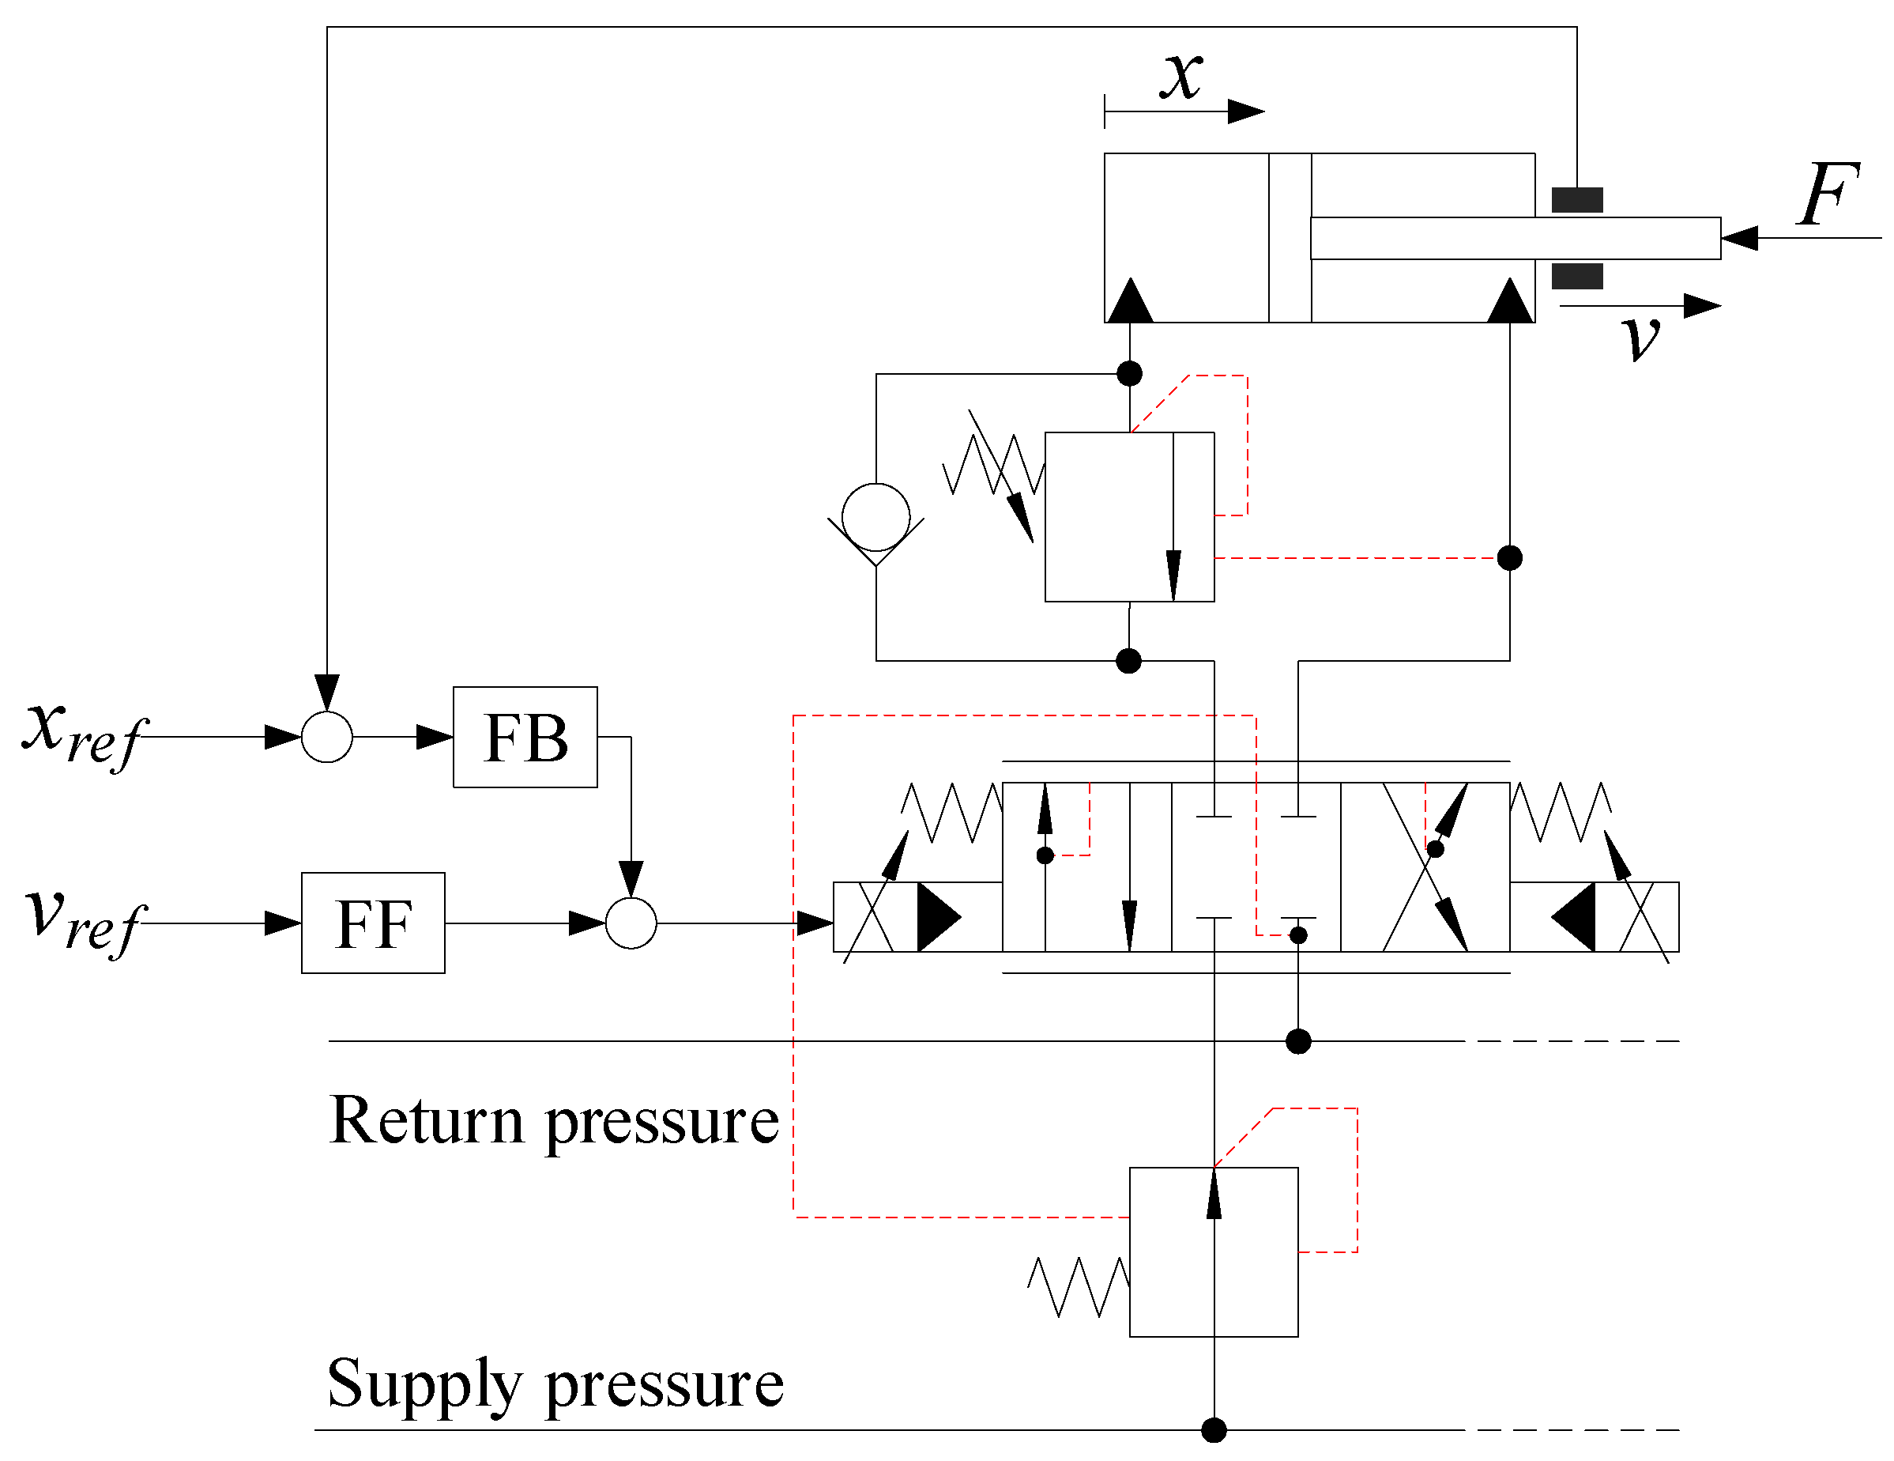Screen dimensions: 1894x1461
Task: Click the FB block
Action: coord(525,738)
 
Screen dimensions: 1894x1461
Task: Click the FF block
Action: coord(373,923)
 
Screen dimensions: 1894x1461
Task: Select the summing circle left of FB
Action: coord(327,738)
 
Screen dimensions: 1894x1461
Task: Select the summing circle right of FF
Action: coord(631,923)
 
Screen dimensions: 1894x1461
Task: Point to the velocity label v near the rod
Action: coord(1642,337)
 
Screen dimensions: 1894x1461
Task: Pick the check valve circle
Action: coord(876,517)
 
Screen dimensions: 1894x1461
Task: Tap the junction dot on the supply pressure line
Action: coord(1214,1429)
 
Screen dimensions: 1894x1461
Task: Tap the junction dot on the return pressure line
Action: coord(1298,1041)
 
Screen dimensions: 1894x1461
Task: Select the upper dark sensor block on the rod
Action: coord(1577,200)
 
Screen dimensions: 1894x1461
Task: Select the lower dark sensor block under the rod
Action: coord(1577,277)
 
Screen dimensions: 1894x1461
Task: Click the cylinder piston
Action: coord(1290,238)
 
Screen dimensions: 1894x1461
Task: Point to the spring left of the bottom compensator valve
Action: coord(1079,1286)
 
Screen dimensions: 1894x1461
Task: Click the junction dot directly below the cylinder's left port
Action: coord(1129,374)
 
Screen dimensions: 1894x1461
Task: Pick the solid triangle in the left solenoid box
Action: coord(939,917)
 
